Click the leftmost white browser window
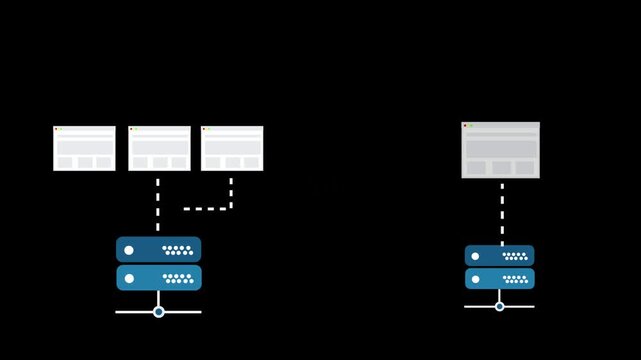[84, 148]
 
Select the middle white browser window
[159, 148]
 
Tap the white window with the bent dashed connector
[232, 148]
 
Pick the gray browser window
[500, 150]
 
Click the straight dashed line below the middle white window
[158, 204]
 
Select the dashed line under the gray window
[501, 212]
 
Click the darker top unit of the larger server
[158, 249]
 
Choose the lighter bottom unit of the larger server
[158, 277]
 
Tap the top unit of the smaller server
[499, 255]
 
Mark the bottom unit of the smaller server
[499, 278]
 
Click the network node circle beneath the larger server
[158, 312]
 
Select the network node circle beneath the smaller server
[500, 306]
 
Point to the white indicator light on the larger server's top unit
[129, 250]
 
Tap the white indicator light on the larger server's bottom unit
[129, 278]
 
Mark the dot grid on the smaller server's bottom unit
[515, 279]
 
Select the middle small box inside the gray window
[500, 167]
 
